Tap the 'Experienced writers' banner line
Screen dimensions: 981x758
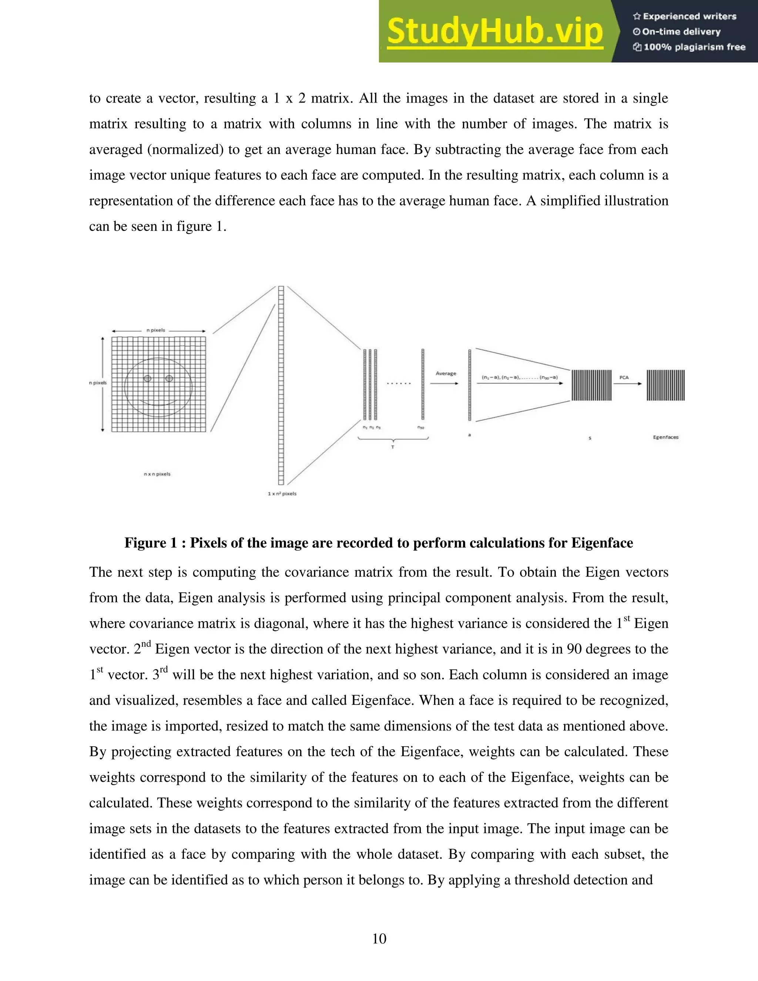point(685,17)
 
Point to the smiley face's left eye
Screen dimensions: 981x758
point(147,379)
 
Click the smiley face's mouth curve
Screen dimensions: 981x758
point(158,404)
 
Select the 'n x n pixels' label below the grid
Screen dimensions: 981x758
point(157,474)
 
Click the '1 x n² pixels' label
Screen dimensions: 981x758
point(282,493)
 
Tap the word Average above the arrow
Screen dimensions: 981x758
point(446,373)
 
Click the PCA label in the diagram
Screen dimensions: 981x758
point(624,378)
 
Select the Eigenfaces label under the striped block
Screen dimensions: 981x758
point(665,437)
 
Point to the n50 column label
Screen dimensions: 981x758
point(421,428)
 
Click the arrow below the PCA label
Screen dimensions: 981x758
point(628,384)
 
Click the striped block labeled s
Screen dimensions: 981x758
point(591,385)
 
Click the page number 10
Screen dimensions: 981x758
point(379,938)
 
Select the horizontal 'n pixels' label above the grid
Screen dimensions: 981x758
point(155,330)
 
